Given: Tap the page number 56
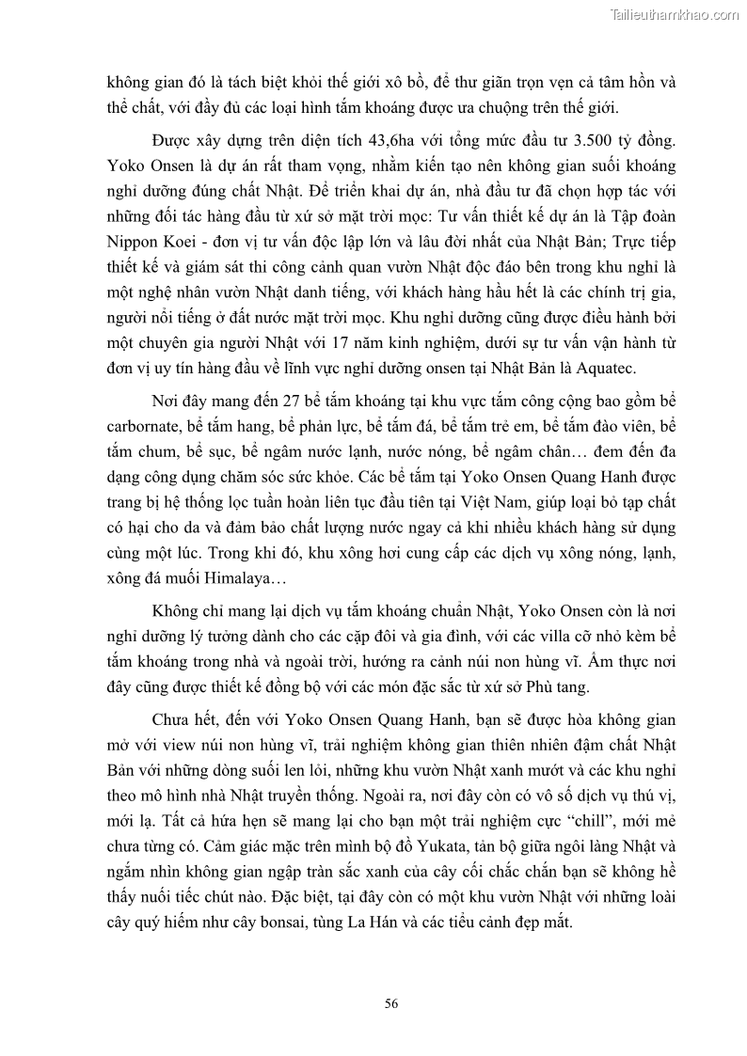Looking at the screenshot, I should point(391,1003).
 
